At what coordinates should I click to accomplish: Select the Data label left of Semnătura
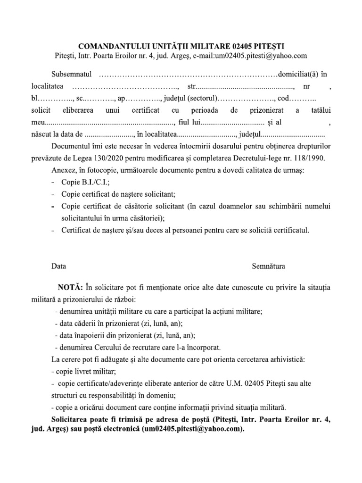coord(59,266)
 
